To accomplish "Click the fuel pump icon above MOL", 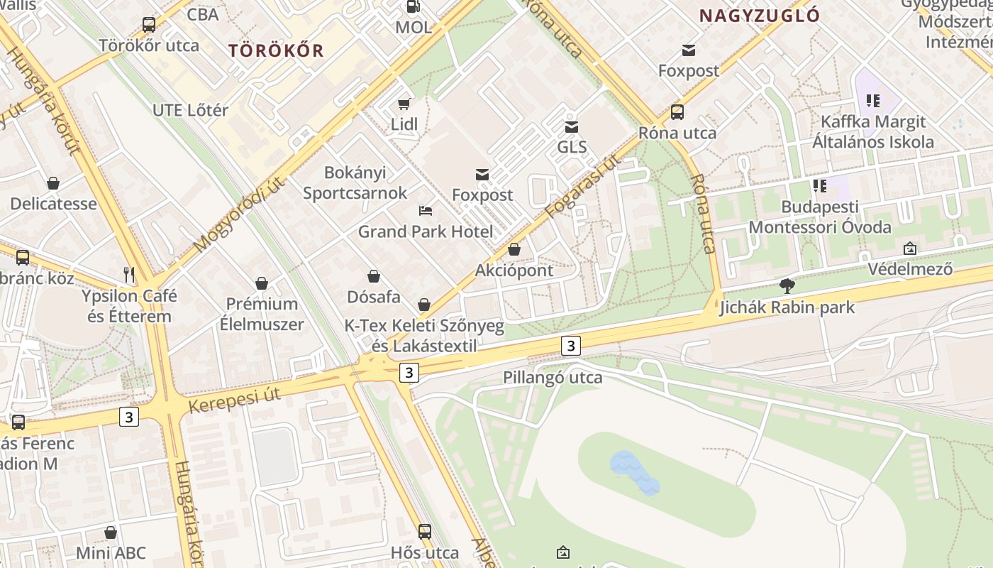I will [x=413, y=6].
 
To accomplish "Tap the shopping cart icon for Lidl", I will [x=404, y=104].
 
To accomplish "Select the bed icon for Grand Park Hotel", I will [x=426, y=211].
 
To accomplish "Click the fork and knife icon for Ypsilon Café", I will [x=129, y=275].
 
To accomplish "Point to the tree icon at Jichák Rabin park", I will [x=787, y=286].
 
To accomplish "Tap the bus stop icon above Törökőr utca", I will [x=149, y=25].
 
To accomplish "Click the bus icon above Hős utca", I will [x=425, y=531].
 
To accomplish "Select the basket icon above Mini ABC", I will [x=111, y=532].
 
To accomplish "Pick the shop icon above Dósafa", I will [x=374, y=276].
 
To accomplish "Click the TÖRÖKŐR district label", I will [x=277, y=50].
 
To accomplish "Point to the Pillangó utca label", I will [x=553, y=377].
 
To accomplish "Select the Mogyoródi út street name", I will [x=239, y=214].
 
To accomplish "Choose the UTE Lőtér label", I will [x=191, y=110].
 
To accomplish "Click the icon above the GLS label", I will [x=572, y=127].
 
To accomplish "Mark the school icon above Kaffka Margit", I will [x=872, y=101].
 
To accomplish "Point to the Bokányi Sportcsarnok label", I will [x=355, y=182].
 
